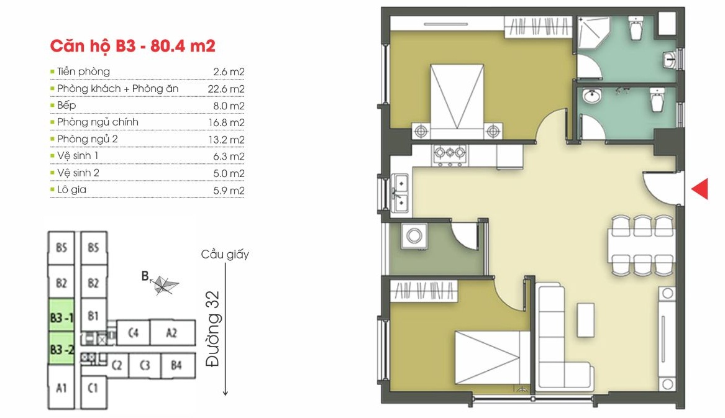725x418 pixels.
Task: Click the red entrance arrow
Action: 701,189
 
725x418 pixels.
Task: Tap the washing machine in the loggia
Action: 414,237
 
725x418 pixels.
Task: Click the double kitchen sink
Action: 401,193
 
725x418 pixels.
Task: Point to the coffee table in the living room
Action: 585,319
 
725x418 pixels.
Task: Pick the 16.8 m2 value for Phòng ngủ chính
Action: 226,122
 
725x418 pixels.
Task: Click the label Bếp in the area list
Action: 66,106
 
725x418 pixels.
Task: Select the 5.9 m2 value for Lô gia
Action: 229,190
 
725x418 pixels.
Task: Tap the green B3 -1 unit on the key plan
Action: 62,316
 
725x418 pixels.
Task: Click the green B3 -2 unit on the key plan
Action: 62,348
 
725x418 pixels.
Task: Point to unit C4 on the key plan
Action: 133,332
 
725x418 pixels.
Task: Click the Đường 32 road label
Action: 212,329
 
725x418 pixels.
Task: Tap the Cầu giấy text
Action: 225,254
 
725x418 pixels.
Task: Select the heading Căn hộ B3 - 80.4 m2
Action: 133,46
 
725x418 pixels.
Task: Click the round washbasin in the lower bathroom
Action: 591,96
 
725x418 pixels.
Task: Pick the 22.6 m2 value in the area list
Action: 226,89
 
